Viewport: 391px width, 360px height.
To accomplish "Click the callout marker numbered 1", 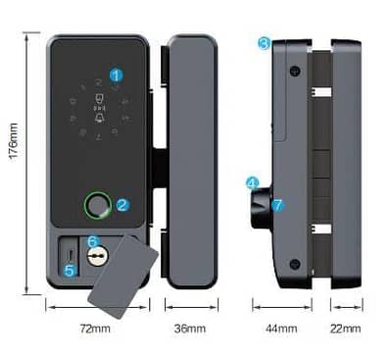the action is [x=117, y=74].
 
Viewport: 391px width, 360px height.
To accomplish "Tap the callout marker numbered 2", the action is [x=122, y=205].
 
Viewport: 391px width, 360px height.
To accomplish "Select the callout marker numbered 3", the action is [x=264, y=43].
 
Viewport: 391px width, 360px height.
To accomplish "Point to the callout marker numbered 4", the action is [x=252, y=182].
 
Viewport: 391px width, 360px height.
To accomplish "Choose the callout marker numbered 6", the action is [x=93, y=240].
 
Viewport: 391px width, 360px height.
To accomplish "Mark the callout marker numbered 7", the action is [x=277, y=205].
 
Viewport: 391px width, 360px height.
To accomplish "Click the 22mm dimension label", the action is [x=346, y=328].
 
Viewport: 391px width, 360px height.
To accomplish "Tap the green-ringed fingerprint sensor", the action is [x=96, y=206].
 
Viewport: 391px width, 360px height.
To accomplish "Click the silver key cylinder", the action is [x=95, y=257].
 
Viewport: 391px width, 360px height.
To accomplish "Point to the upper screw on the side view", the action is [x=293, y=71].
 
